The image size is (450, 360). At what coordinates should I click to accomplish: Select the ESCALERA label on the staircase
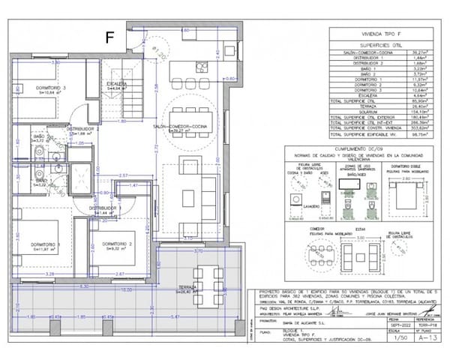[x=115, y=84]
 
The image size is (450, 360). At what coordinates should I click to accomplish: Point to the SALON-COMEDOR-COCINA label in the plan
[x=180, y=127]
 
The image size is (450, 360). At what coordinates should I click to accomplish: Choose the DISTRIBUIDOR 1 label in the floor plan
[x=106, y=208]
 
